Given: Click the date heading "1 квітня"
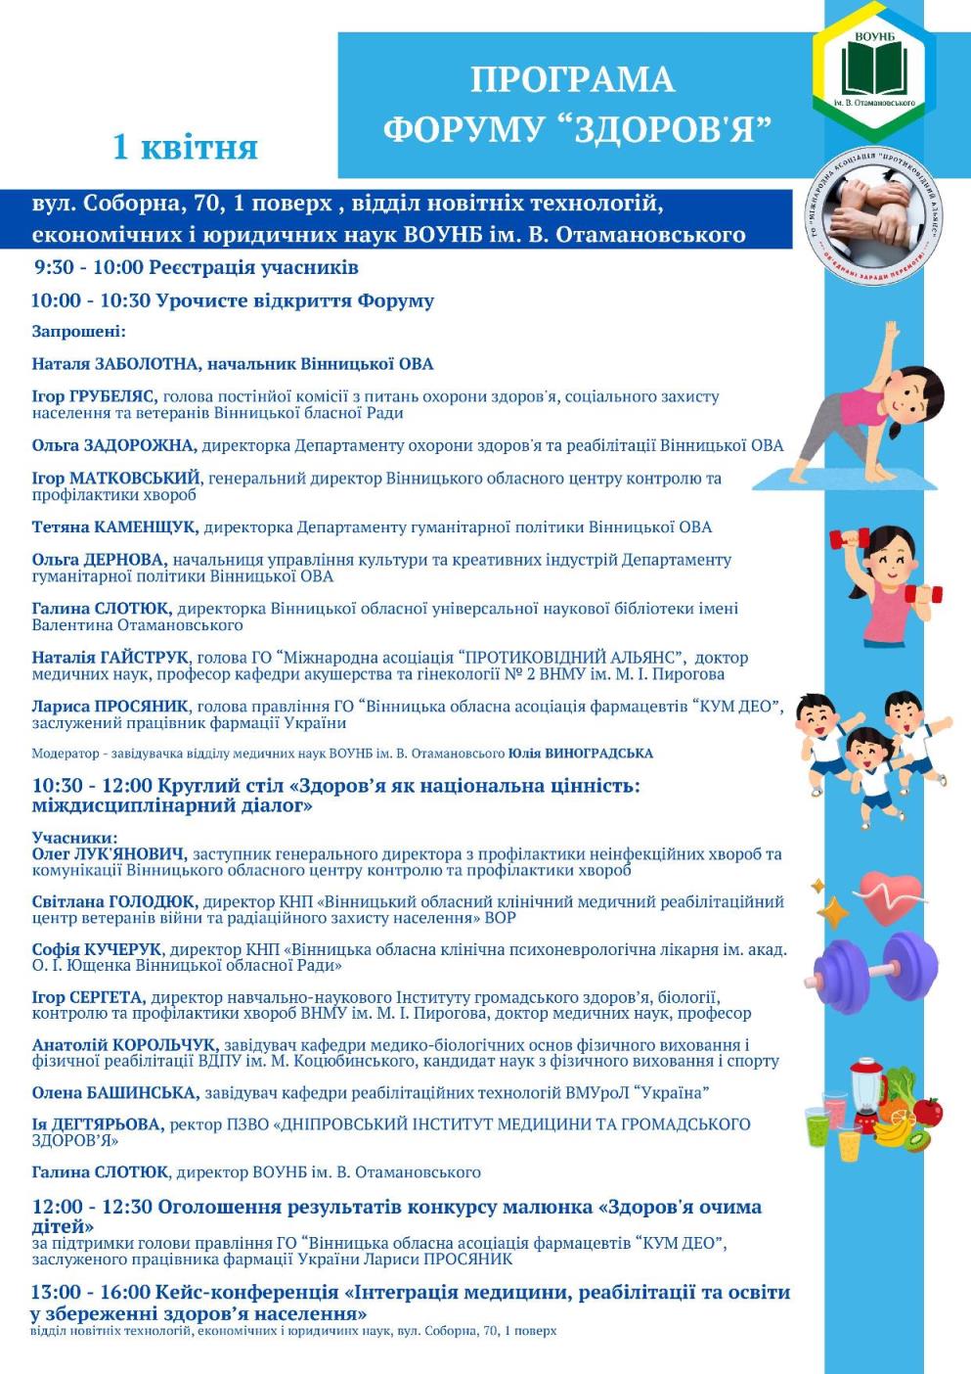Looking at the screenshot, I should [185, 147].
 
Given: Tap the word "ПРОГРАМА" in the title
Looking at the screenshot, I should [572, 79].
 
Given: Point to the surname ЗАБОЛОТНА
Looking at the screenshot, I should [150, 364].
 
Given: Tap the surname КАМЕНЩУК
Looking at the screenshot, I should [146, 527].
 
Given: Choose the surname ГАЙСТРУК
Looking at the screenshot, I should [145, 658].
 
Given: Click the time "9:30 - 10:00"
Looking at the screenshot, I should [88, 267].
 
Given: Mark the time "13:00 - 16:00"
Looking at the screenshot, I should [91, 1293].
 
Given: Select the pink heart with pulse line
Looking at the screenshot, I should [889, 895].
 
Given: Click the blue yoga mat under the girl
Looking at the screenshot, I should [836, 479].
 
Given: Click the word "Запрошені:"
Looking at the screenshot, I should [78, 332].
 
